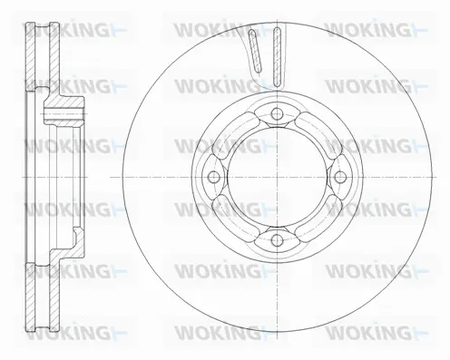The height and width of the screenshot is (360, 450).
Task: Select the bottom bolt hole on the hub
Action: point(277,240)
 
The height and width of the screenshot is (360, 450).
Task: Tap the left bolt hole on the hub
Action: point(213,177)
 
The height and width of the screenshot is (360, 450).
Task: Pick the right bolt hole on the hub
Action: point(340,177)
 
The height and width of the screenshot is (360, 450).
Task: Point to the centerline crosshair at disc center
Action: point(277,177)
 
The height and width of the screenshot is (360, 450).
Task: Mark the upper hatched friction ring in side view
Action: point(34,54)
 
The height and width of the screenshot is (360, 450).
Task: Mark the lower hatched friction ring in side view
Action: point(34,299)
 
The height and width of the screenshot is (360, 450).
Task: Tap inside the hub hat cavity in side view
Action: point(64,177)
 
